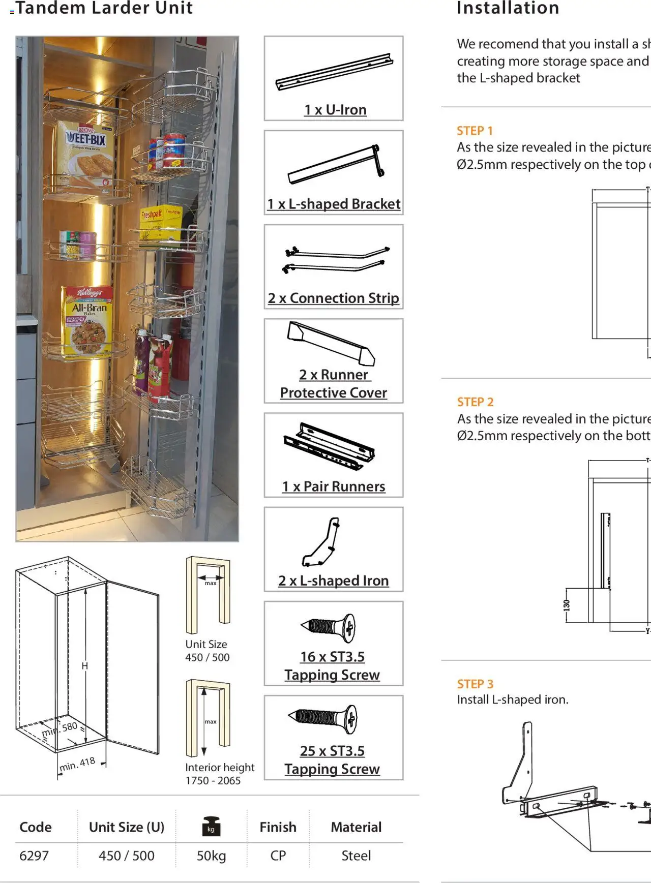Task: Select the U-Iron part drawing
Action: [334, 71]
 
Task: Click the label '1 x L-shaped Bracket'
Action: [334, 204]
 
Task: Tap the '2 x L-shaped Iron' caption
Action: [334, 581]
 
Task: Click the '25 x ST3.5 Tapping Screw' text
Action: [332, 760]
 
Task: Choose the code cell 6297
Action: [34, 856]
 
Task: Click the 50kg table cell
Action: [211, 856]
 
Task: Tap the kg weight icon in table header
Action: [211, 826]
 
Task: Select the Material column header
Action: [356, 827]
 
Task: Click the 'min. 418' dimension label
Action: [77, 764]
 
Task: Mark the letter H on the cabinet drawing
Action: [85, 666]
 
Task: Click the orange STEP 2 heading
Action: [475, 402]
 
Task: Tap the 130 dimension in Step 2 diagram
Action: [567, 605]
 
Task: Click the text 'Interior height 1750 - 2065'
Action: [219, 774]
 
